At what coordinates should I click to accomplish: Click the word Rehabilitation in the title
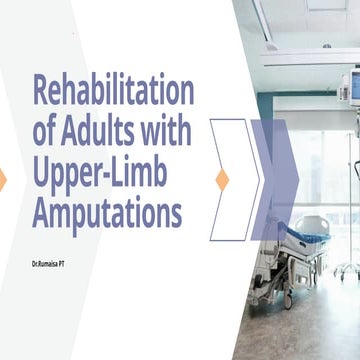(112, 92)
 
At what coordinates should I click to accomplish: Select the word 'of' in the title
(46, 132)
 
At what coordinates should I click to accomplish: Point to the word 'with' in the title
(164, 132)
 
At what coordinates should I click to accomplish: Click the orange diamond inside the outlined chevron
(222, 180)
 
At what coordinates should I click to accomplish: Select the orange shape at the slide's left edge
(2, 180)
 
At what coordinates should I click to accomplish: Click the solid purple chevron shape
(276, 180)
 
